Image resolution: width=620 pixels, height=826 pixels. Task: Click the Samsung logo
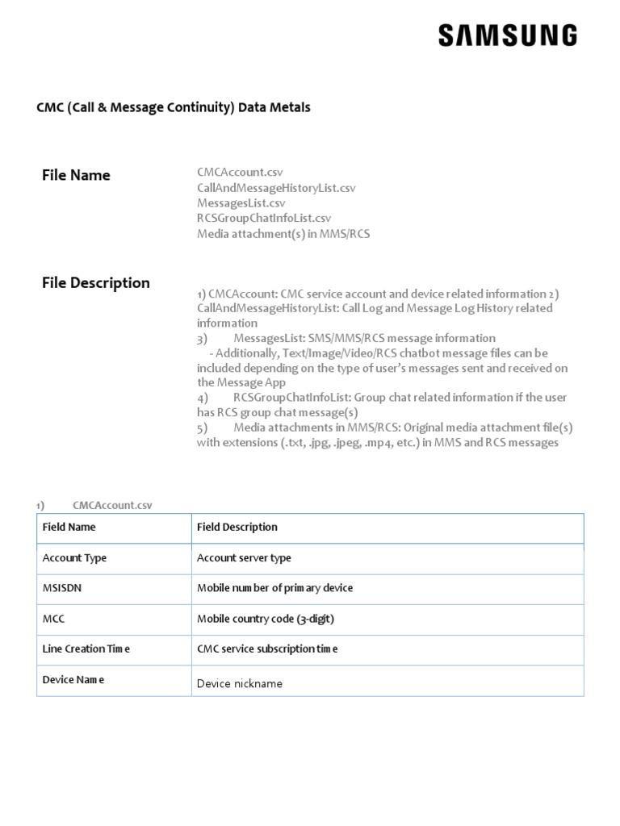508,35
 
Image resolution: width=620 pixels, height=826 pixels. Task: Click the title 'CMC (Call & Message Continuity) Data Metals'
174,106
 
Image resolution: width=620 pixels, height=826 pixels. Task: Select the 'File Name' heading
76,175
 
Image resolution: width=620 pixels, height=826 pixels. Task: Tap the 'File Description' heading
95,282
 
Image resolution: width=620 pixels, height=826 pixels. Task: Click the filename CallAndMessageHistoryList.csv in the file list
276,188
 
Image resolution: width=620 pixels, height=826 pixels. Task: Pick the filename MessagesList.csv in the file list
241,203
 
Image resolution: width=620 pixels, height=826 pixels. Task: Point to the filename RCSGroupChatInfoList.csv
264,219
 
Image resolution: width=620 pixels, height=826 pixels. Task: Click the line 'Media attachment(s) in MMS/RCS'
283,234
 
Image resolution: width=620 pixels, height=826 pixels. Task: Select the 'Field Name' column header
69,527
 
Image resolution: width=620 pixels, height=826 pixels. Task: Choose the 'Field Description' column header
237,527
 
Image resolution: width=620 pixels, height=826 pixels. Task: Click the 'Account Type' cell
74,557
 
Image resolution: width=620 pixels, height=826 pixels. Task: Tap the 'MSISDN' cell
62,588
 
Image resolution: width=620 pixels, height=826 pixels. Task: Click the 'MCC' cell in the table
53,619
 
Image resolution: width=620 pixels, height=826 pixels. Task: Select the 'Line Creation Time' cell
86,649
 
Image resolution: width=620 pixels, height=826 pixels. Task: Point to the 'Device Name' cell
73,679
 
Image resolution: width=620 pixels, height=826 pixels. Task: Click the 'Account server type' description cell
244,557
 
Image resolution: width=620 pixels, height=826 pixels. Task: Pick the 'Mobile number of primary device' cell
274,588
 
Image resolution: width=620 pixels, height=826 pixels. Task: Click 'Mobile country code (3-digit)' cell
265,619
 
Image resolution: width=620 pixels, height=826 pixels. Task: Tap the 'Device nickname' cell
240,683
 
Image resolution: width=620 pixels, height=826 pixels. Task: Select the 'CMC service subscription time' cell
267,649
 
